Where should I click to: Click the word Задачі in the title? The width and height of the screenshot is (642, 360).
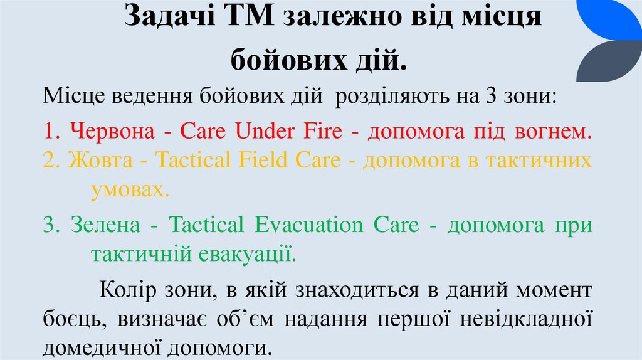pos(167,17)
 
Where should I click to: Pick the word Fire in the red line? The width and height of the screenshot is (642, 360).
pos(325,131)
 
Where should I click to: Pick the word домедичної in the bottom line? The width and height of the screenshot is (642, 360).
pos(98,346)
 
